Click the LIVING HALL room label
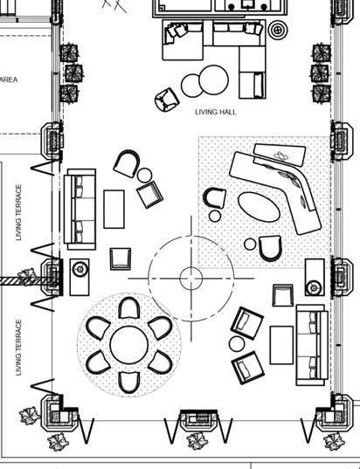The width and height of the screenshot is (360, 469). coord(216,112)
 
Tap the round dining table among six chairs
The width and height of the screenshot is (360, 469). coord(129,345)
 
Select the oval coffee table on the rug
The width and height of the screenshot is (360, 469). coord(259,207)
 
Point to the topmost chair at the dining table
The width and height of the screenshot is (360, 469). coord(129,308)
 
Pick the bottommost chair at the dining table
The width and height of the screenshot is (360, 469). coord(129,383)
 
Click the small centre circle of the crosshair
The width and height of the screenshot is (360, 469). coord(191,279)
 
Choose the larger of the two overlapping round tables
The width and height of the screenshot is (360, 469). coord(214,79)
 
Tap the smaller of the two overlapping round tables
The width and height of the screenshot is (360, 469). coord(192,86)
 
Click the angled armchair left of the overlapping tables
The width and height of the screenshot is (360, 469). coord(167,100)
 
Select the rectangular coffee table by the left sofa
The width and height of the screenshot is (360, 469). coord(114,209)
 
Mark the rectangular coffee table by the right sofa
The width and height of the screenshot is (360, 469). coord(281,345)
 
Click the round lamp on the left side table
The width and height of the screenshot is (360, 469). coord(80,269)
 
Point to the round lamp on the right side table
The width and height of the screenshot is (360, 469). coord(314,288)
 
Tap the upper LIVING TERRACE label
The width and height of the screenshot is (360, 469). coord(18,212)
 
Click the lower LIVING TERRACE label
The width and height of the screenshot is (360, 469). coord(18,348)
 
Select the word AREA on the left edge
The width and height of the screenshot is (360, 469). coord(9,79)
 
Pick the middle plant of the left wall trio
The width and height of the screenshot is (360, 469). coord(74,73)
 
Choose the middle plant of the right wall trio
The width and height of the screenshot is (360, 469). coord(320,73)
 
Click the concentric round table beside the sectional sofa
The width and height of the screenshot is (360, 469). coord(278,30)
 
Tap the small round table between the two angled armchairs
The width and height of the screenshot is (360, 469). coord(237,344)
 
